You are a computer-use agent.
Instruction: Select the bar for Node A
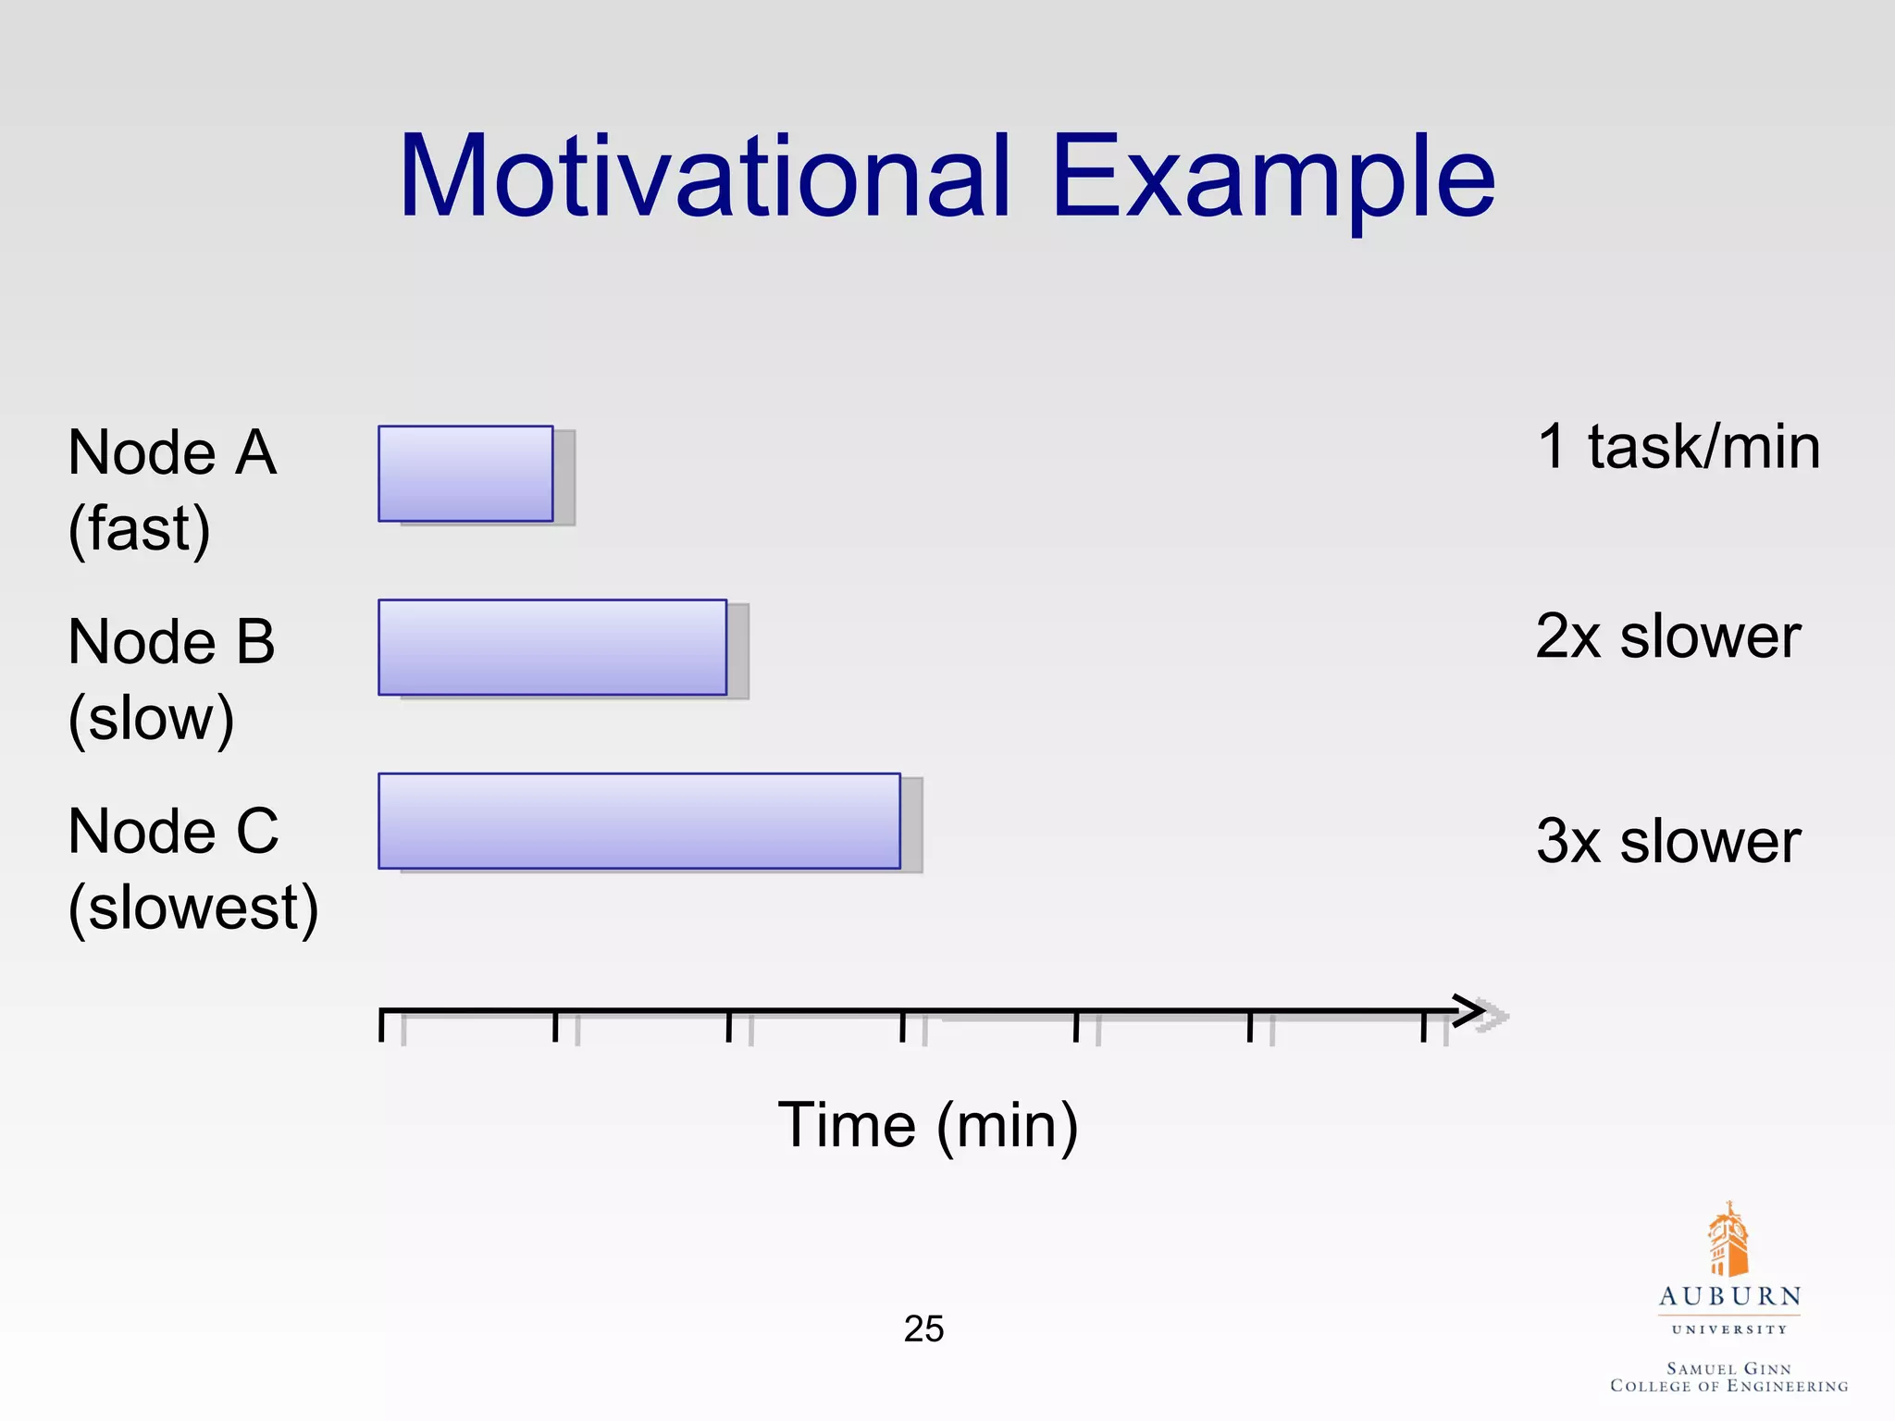point(465,474)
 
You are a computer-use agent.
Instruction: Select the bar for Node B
point(552,647)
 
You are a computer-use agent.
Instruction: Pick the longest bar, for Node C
point(639,821)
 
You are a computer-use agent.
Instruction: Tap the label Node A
point(172,452)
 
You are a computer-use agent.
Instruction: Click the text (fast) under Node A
point(140,529)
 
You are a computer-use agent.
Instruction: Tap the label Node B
point(172,641)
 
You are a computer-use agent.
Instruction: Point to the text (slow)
point(152,719)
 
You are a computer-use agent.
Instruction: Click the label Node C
point(174,831)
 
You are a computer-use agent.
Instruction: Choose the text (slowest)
point(193,908)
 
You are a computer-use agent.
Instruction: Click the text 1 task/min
point(1678,447)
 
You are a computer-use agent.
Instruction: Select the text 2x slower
point(1667,636)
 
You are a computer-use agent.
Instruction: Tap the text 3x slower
point(1667,841)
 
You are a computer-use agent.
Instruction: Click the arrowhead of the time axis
point(1471,1010)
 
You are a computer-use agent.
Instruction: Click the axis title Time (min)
point(928,1126)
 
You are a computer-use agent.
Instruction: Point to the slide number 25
point(923,1329)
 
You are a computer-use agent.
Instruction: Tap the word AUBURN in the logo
point(1729,1297)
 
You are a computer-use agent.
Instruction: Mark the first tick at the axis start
point(382,1024)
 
